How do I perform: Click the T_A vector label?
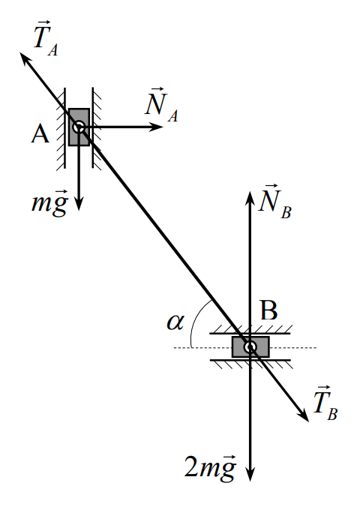[46, 38]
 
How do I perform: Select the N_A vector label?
[161, 105]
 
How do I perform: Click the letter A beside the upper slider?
[40, 134]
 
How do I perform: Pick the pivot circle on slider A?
[79, 127]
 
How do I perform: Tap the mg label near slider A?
[49, 203]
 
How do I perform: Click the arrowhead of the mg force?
[79, 203]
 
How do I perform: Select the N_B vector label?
[274, 202]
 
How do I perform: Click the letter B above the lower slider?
[269, 310]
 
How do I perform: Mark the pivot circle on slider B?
[250, 347]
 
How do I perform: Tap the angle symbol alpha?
[175, 322]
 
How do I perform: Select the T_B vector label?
[325, 403]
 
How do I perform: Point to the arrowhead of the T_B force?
[303, 415]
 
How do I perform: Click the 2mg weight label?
[210, 468]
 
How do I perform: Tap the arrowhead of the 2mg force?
[250, 474]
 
